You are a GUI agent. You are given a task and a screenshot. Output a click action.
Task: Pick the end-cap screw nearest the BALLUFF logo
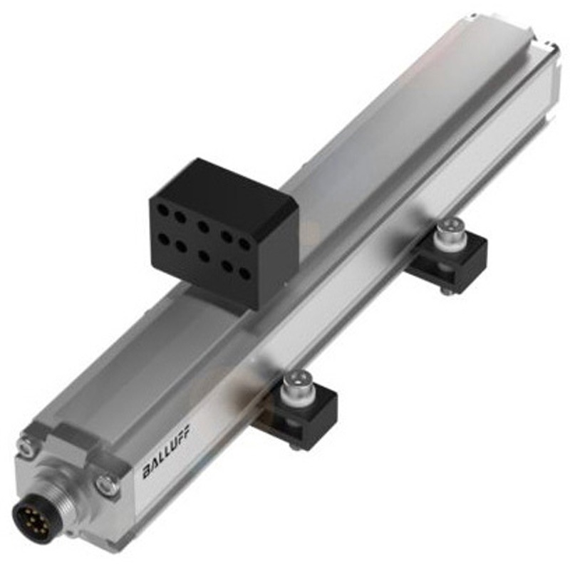click(108, 486)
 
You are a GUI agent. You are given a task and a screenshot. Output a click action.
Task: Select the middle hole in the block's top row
click(204, 227)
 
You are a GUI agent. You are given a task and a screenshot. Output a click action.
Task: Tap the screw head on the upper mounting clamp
click(448, 230)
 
